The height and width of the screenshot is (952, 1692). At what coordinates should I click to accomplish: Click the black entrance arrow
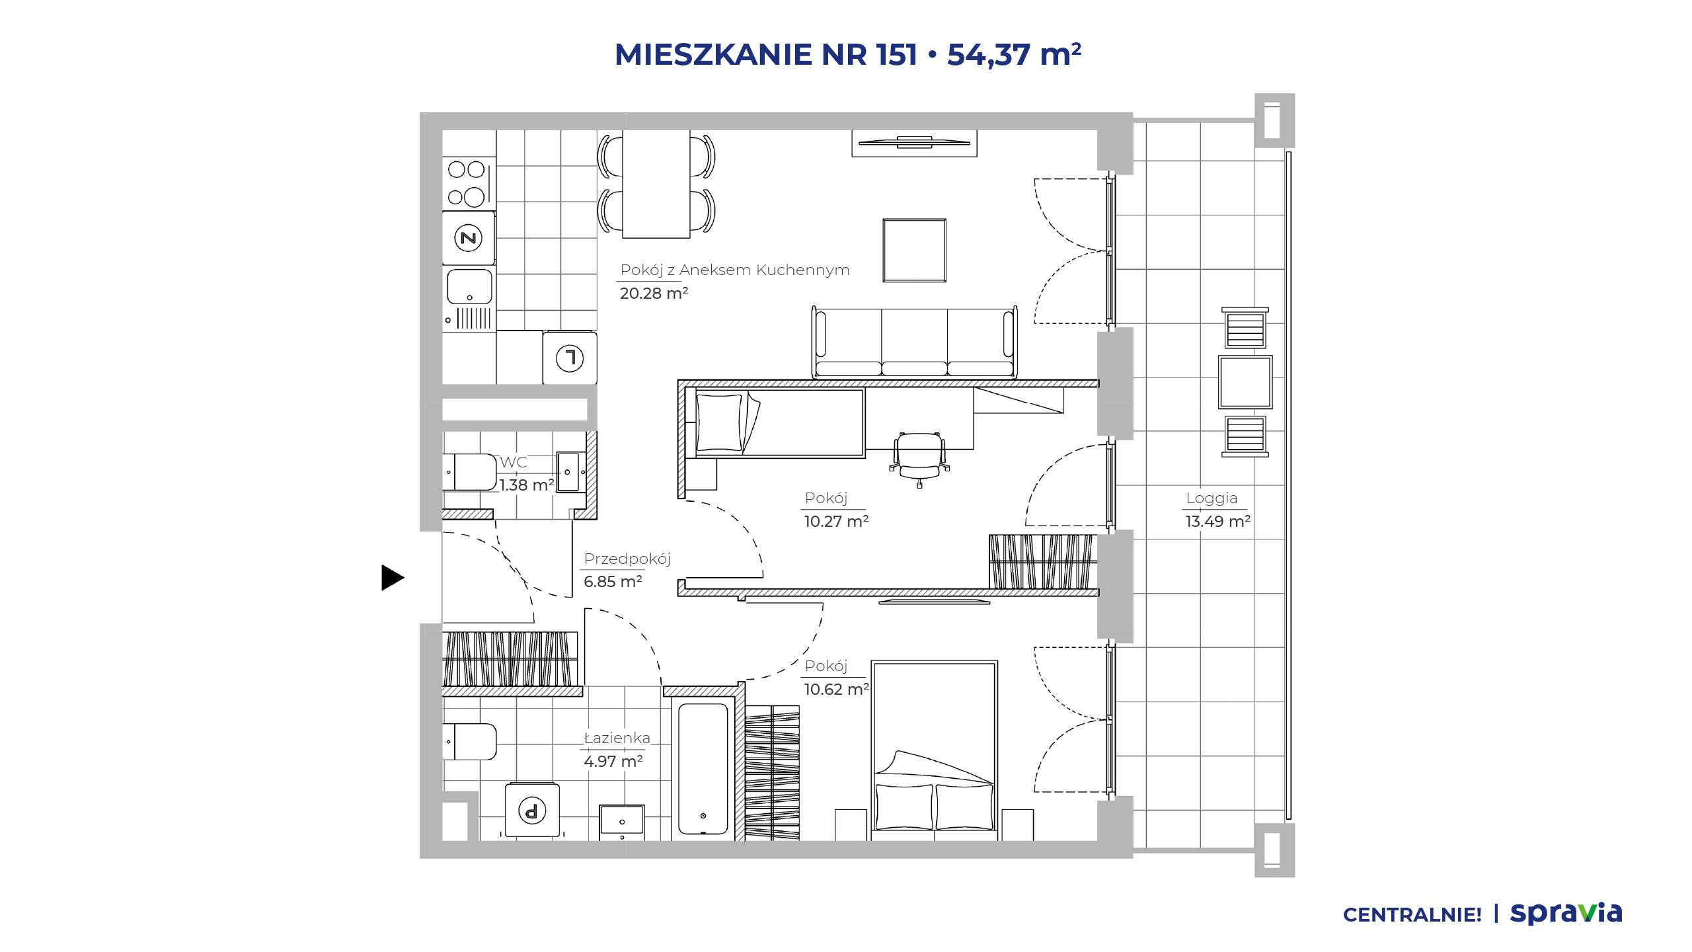click(392, 578)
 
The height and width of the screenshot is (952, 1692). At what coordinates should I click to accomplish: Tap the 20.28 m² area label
click(654, 293)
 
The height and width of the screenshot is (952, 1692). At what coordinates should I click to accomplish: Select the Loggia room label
click(1211, 498)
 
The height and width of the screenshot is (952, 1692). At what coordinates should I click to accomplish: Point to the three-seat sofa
click(915, 342)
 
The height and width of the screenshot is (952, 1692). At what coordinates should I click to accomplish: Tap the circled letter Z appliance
click(469, 238)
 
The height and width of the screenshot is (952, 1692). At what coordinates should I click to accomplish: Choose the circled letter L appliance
click(570, 358)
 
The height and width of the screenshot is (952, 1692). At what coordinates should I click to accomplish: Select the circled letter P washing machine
click(532, 810)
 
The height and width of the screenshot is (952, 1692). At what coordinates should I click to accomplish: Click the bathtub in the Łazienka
click(703, 770)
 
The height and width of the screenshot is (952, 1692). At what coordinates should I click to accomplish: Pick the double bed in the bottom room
click(934, 750)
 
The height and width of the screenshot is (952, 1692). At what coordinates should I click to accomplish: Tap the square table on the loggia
click(1245, 382)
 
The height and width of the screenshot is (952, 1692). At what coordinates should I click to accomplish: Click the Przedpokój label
click(627, 559)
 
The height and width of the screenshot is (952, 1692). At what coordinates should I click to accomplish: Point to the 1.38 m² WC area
click(526, 485)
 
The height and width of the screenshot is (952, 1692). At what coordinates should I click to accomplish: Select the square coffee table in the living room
click(915, 251)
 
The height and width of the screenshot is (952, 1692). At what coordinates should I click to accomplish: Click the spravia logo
click(1566, 914)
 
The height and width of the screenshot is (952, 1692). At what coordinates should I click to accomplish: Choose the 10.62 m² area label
click(836, 690)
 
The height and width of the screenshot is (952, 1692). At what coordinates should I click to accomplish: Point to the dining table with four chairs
click(656, 184)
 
